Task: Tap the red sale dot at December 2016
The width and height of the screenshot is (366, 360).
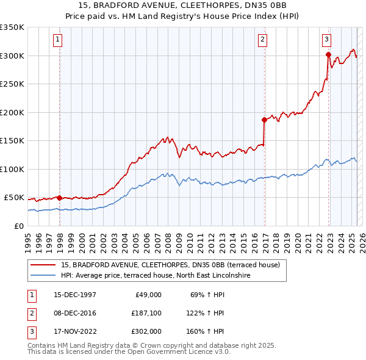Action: click(x=264, y=120)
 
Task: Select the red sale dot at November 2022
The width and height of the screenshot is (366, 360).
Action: click(x=328, y=55)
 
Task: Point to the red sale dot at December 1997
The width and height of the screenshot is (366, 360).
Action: click(x=59, y=198)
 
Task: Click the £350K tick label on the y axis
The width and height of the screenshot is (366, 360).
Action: click(x=12, y=27)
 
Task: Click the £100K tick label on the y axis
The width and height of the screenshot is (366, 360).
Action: click(x=12, y=169)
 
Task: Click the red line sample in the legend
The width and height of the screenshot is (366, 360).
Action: click(x=43, y=265)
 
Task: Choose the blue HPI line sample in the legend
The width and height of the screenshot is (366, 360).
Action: click(x=43, y=275)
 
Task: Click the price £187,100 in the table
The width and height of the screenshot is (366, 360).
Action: click(x=146, y=313)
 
